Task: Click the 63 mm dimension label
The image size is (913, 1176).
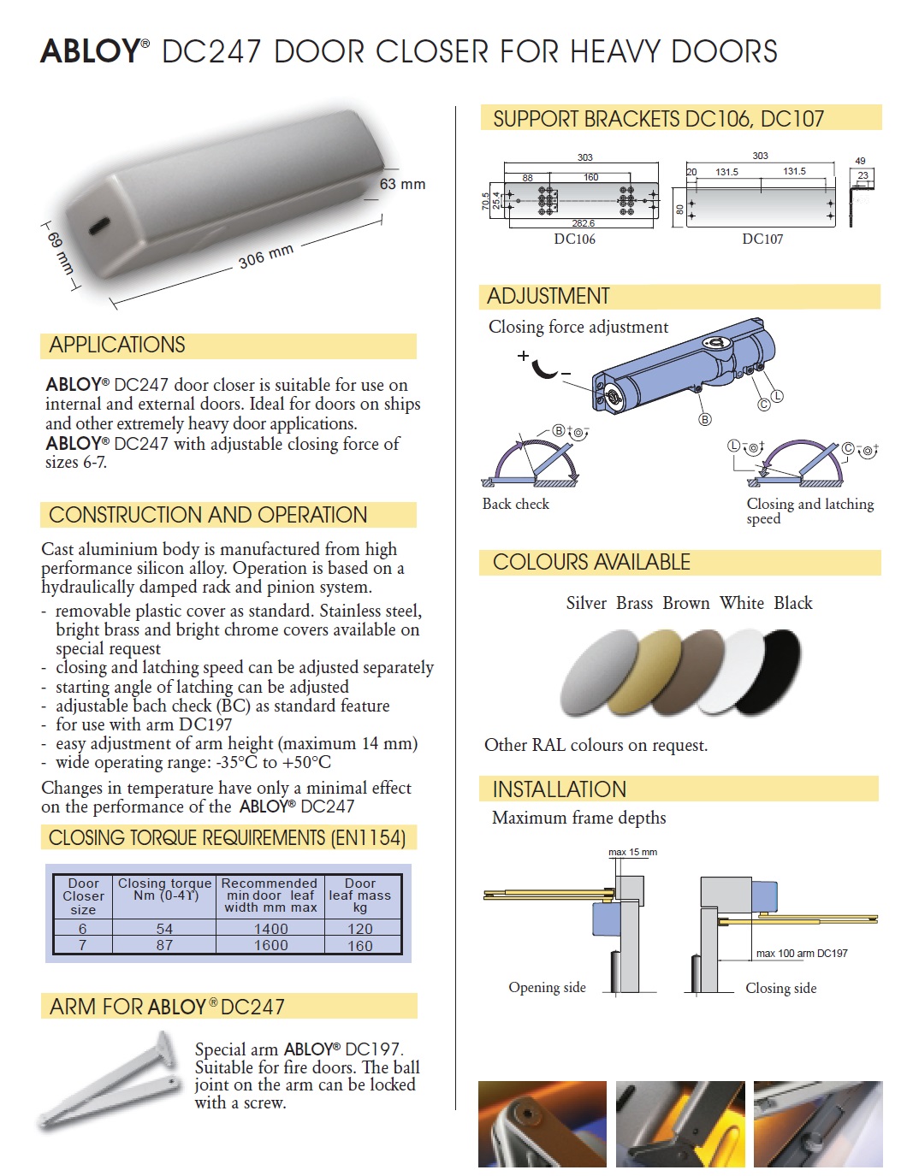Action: click(402, 184)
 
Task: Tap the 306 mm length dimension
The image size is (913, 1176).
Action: click(265, 256)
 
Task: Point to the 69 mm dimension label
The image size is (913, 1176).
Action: click(61, 252)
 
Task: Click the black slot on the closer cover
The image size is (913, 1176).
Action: click(99, 226)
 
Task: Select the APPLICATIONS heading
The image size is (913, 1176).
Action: click(117, 346)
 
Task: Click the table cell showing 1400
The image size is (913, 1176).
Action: click(270, 929)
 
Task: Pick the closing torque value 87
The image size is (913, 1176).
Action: click(164, 945)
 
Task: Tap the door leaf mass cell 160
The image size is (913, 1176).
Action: click(360, 945)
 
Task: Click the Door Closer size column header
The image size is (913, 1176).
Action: click(83, 896)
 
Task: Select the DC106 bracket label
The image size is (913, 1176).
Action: click(574, 239)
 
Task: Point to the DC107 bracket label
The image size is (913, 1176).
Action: click(762, 239)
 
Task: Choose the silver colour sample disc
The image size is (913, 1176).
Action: click(597, 671)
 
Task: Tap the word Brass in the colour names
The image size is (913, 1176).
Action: click(634, 603)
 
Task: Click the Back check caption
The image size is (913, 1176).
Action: click(516, 505)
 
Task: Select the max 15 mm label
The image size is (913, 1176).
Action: click(632, 852)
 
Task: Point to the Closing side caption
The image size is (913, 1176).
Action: click(780, 989)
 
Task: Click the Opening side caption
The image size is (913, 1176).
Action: click(547, 988)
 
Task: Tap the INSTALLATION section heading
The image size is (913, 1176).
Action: click(560, 789)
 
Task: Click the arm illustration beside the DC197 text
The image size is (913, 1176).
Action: click(111, 1082)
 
